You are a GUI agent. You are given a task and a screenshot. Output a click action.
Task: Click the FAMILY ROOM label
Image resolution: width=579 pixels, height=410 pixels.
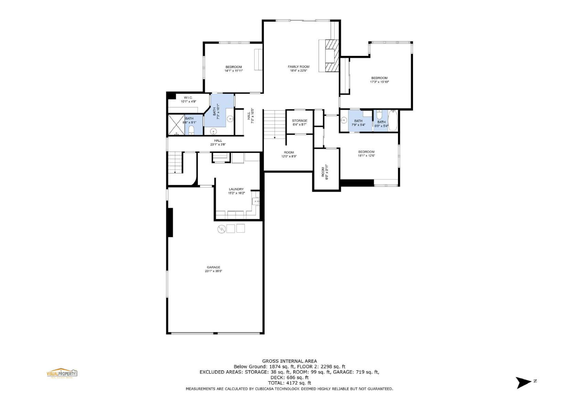[x=299, y=67]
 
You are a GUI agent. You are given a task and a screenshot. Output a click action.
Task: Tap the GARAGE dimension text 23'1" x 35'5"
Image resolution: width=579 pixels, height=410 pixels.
[x=213, y=271]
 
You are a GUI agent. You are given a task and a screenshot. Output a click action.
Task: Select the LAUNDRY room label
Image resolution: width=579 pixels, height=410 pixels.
[x=236, y=189]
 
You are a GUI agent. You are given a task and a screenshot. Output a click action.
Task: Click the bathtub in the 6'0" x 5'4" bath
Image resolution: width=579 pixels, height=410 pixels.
[x=392, y=121]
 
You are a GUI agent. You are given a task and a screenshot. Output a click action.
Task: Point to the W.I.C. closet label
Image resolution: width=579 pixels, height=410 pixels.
[x=188, y=97]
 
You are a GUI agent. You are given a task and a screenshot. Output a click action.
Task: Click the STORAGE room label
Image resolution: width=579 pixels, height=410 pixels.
[x=300, y=121]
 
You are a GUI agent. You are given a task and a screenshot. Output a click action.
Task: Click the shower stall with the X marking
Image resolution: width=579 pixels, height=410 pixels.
[x=176, y=125]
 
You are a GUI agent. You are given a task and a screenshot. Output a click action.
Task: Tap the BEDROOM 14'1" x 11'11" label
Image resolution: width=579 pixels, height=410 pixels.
[x=234, y=67]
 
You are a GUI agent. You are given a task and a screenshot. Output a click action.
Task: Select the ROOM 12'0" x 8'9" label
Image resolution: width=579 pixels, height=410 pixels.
[x=289, y=152]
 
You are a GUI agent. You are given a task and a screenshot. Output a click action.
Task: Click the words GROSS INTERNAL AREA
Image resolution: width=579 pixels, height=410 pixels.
[x=289, y=361]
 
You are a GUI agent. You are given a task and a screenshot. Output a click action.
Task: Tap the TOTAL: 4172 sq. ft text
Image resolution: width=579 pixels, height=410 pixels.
[x=289, y=383]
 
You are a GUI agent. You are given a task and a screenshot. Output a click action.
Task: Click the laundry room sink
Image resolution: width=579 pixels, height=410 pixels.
[x=256, y=201]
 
